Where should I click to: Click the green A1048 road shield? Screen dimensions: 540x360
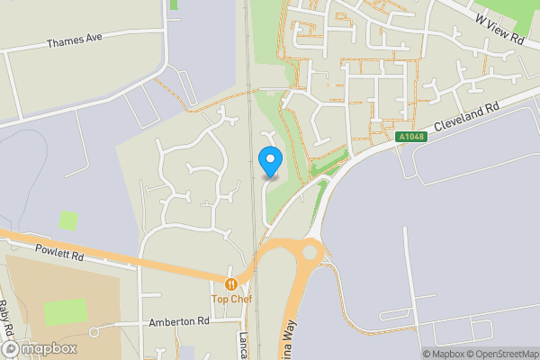click(409, 137)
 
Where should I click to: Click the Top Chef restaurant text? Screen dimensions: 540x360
click(231, 299)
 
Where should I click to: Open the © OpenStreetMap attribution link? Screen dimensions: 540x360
click(504, 354)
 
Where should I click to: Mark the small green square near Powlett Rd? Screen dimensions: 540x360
click(68, 220)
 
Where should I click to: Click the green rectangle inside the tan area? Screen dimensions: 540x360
click(65, 311)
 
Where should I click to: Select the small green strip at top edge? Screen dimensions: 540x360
click(174, 4)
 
